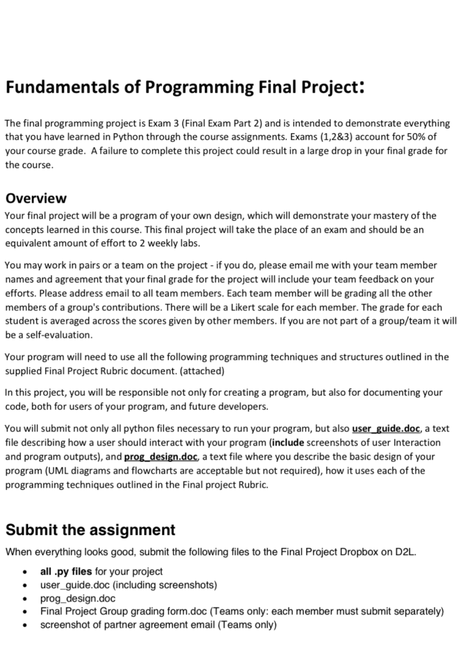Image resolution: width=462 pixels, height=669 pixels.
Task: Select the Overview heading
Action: click(36, 198)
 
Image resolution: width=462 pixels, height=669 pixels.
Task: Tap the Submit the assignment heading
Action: click(90, 530)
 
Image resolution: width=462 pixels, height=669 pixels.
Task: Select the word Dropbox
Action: click(359, 552)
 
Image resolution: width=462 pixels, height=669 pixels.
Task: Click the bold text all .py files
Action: click(66, 571)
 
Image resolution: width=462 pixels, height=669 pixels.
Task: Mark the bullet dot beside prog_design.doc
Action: click(25, 599)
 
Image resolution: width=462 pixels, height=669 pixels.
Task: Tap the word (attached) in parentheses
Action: click(202, 371)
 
